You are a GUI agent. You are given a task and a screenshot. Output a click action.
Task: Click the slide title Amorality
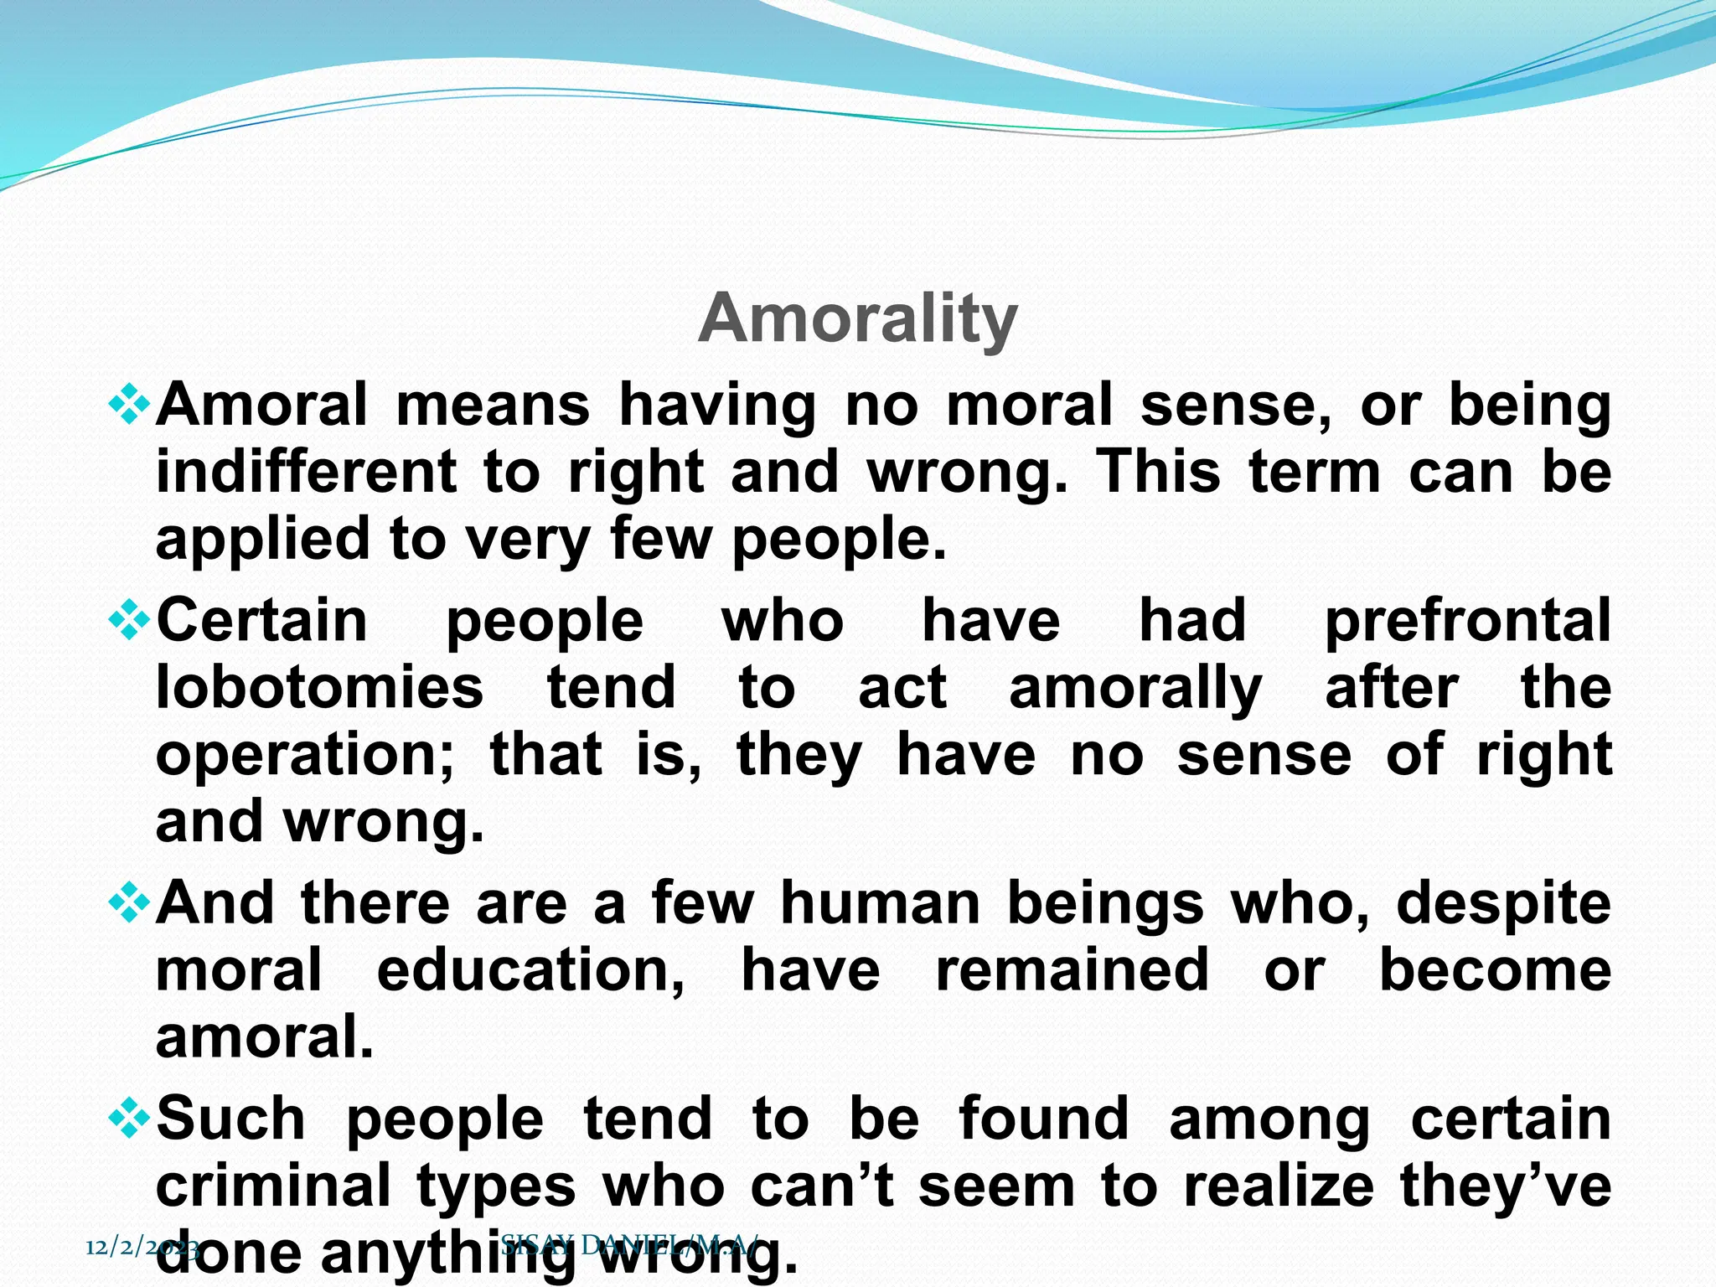pyautogui.click(x=857, y=319)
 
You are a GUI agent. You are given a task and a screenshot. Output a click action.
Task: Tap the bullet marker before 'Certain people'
pyautogui.click(x=129, y=621)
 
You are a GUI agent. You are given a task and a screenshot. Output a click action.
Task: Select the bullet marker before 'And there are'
pyautogui.click(x=129, y=903)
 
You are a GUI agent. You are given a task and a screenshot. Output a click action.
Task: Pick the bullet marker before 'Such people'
pyautogui.click(x=129, y=1119)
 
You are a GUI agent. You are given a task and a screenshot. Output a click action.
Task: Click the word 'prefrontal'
pyautogui.click(x=1467, y=623)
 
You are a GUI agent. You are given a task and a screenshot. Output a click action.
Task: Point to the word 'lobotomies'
pyautogui.click(x=319, y=687)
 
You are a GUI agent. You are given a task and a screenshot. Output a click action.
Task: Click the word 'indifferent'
pyautogui.click(x=306, y=471)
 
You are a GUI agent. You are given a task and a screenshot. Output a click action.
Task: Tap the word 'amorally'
pyautogui.click(x=1135, y=689)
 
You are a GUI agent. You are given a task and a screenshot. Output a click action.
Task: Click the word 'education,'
pyautogui.click(x=530, y=970)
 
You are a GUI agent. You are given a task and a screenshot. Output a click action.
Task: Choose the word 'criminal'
pyautogui.click(x=273, y=1186)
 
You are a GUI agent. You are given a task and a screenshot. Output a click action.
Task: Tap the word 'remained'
pyautogui.click(x=1072, y=970)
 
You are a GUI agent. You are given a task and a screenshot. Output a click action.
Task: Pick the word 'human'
pyautogui.click(x=880, y=903)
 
